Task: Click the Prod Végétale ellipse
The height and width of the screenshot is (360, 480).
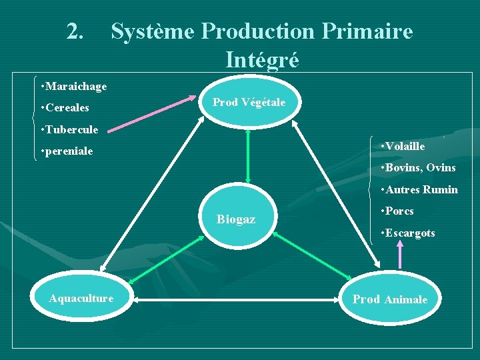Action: click(x=249, y=103)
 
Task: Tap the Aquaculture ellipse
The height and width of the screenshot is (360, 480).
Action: click(x=81, y=298)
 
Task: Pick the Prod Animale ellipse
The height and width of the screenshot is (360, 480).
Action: click(x=390, y=299)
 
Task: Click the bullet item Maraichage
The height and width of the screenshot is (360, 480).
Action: click(x=73, y=87)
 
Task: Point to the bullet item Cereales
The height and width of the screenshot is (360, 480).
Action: click(x=65, y=108)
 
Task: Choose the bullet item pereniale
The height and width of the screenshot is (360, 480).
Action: click(x=67, y=151)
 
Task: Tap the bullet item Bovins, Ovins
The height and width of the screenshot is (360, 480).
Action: click(x=417, y=167)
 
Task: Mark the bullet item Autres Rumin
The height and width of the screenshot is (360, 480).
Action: click(x=419, y=189)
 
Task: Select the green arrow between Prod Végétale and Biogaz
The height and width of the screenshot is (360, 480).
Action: click(x=248, y=154)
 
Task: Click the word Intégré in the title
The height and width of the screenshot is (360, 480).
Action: click(x=262, y=59)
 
